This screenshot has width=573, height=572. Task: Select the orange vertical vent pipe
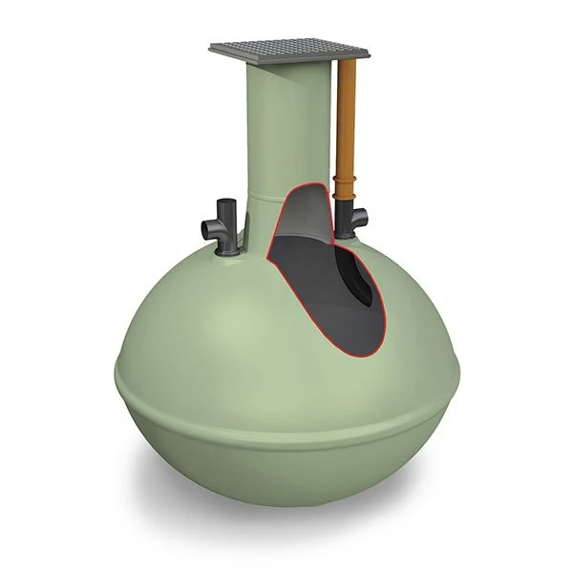(347, 124)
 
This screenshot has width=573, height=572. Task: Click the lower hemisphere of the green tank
(286, 468)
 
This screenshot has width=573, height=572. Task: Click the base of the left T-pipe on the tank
(228, 251)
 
